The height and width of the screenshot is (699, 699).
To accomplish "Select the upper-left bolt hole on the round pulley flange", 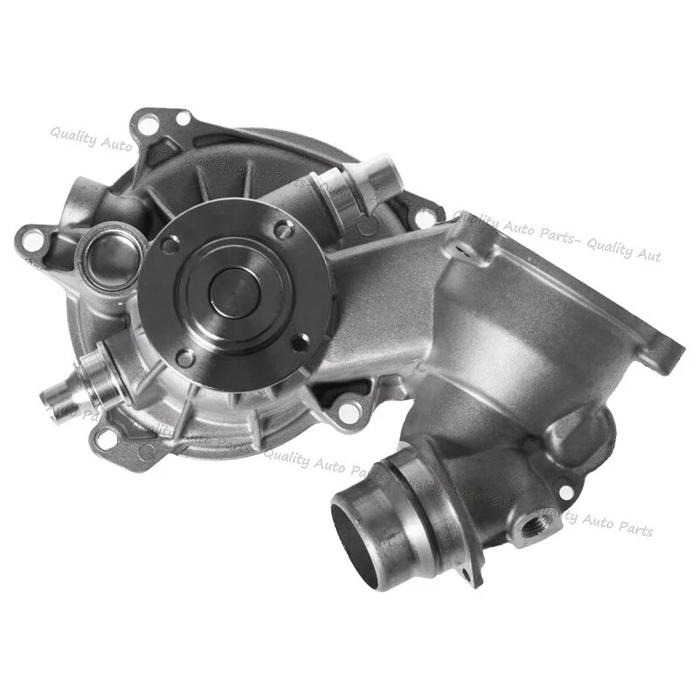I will pyautogui.click(x=170, y=246).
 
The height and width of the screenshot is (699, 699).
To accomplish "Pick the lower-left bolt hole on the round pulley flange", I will pyautogui.click(x=185, y=356).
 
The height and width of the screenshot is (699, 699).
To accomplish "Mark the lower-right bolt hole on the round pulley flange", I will pyautogui.click(x=299, y=342).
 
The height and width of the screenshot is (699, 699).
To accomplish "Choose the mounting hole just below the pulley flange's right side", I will pyautogui.click(x=349, y=411).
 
